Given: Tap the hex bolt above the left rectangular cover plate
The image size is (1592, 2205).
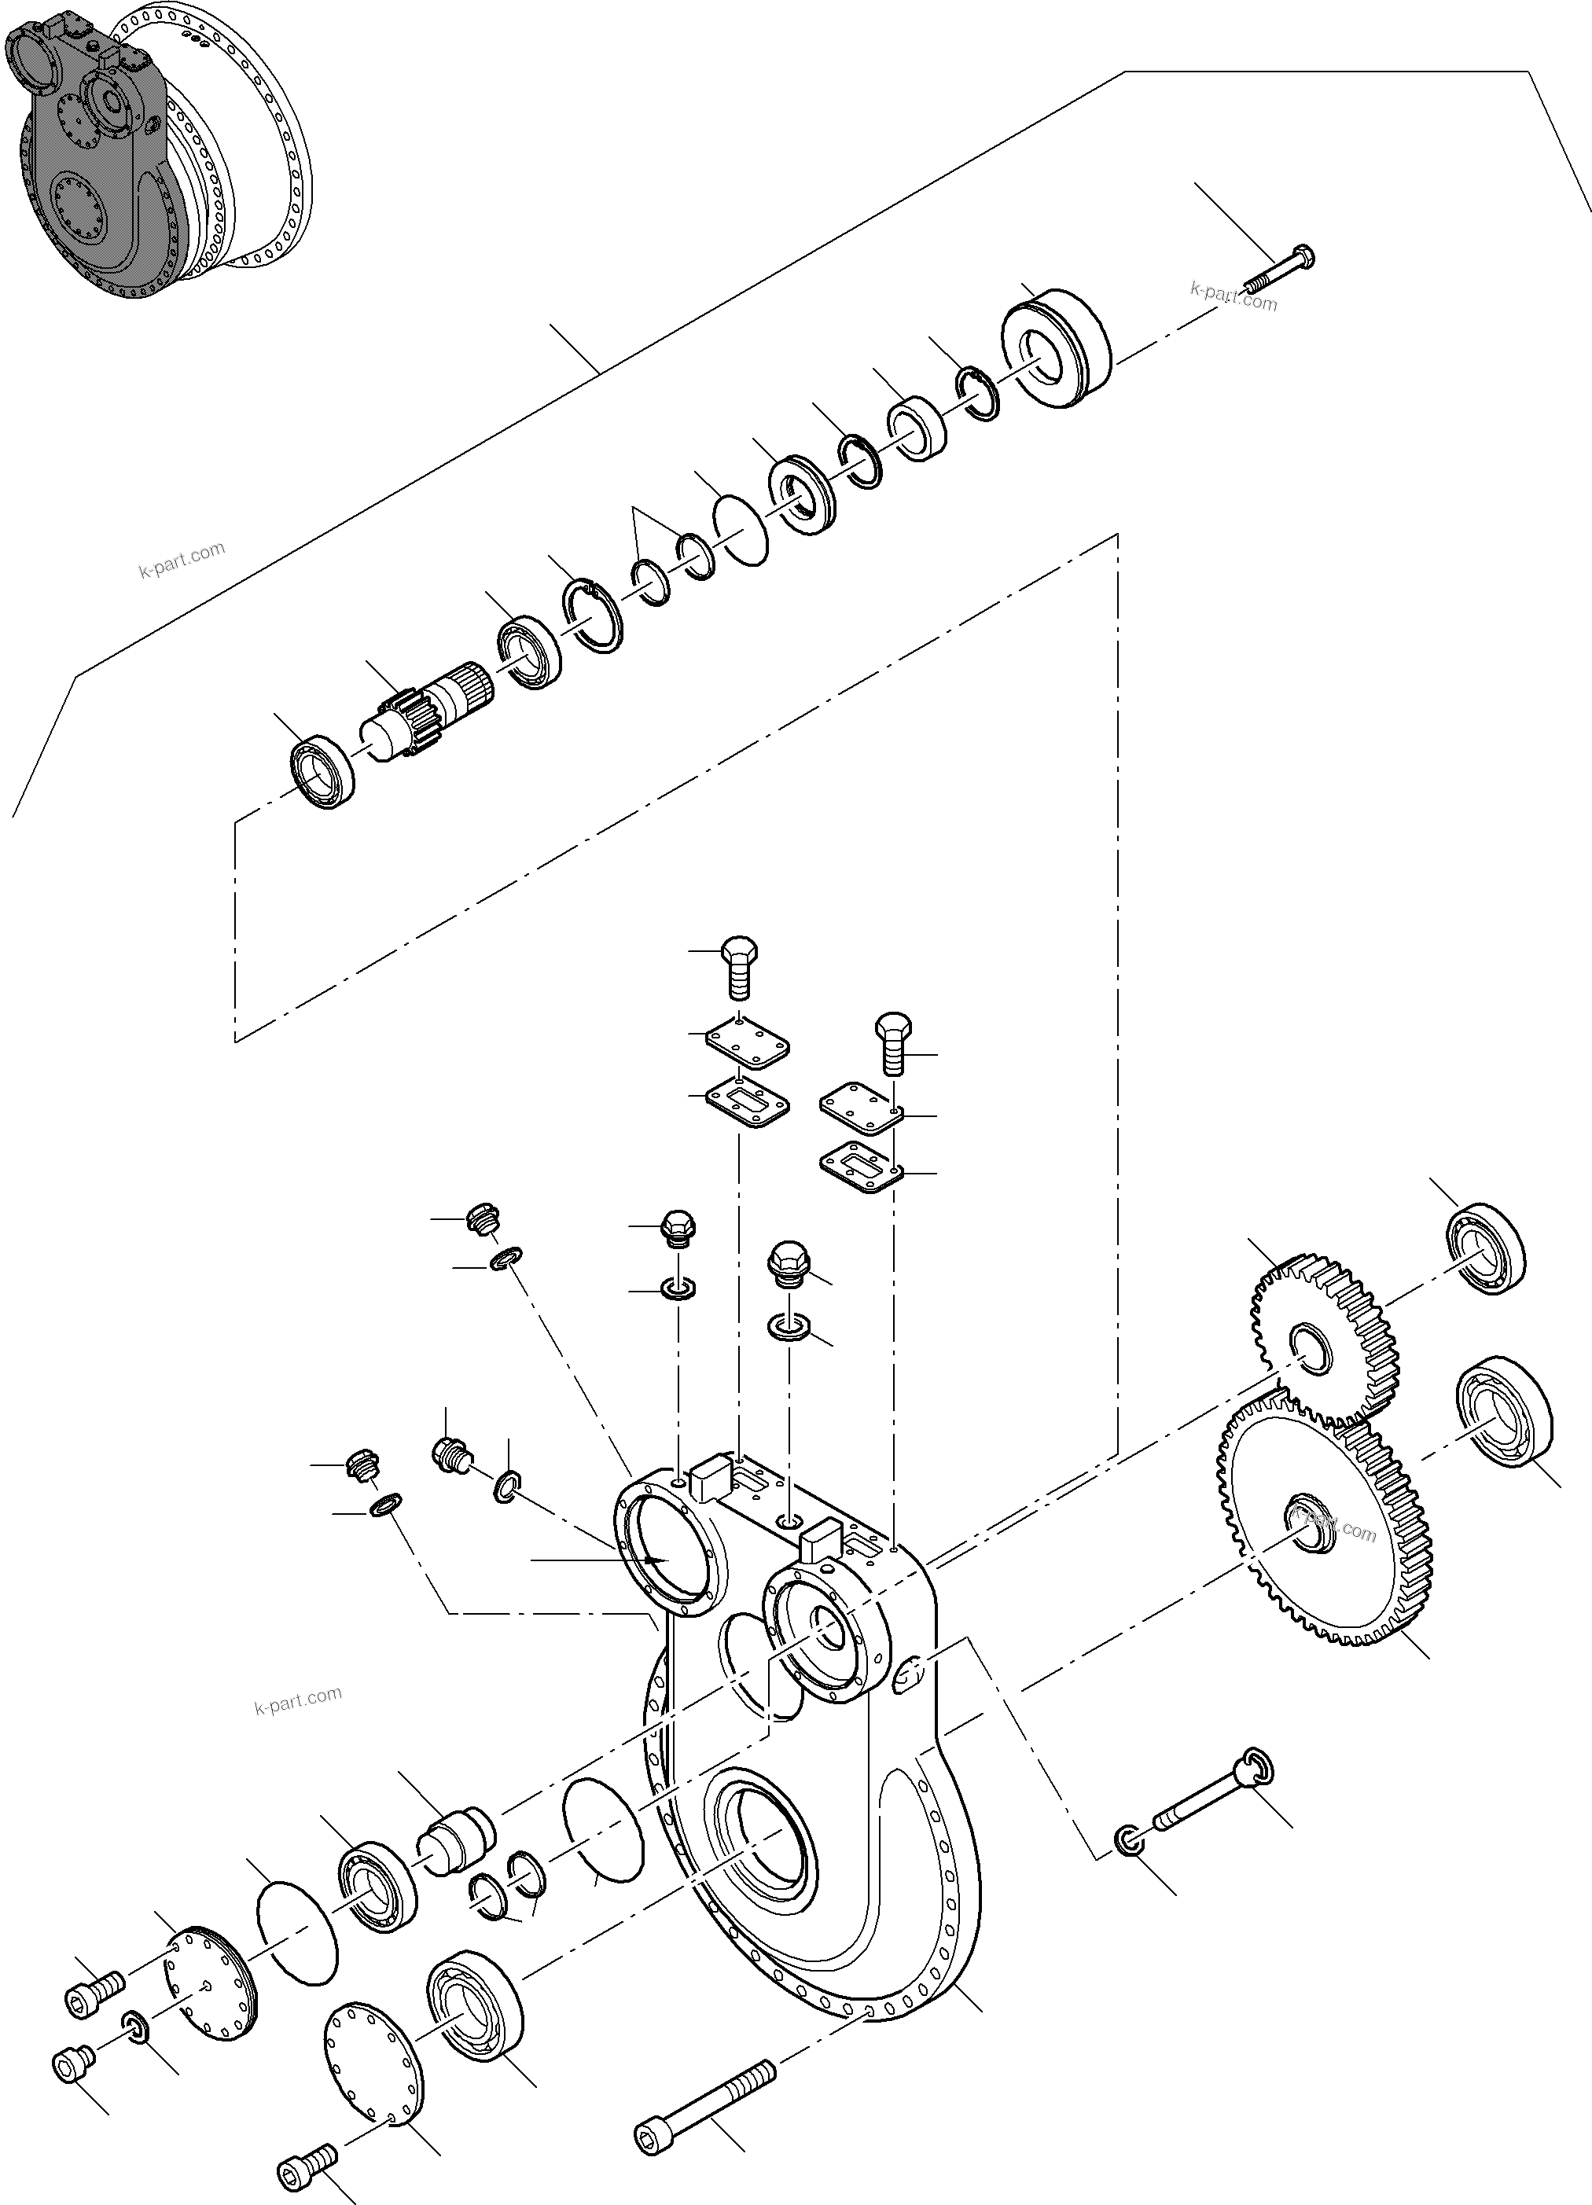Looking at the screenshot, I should tap(739, 968).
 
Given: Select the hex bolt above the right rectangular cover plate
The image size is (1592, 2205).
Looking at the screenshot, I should tap(895, 1042).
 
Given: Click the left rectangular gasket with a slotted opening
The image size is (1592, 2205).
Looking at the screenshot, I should tap(748, 1104).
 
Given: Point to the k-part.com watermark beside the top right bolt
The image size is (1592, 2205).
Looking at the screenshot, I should tap(1234, 296).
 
